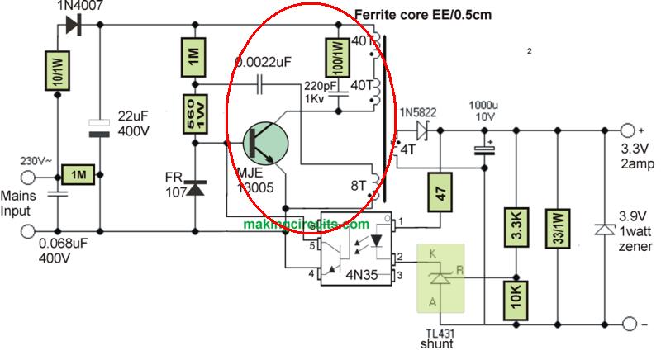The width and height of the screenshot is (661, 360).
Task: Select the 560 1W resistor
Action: [x=194, y=116]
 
